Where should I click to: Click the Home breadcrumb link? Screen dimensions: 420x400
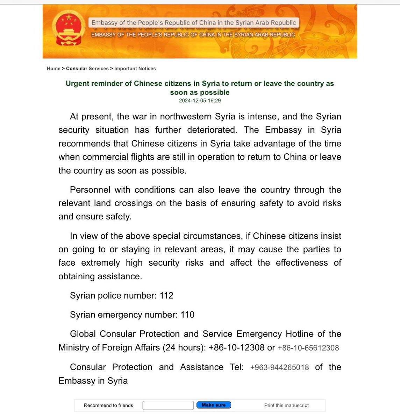(x=53, y=69)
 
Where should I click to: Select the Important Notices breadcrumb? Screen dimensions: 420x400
(x=135, y=69)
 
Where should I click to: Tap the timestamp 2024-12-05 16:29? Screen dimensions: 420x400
(x=200, y=101)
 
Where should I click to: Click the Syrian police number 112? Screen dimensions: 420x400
(x=166, y=296)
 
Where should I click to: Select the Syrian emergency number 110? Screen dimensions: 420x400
(x=187, y=315)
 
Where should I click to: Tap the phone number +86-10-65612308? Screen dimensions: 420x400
(x=308, y=348)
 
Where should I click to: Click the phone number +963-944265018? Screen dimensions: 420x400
(x=279, y=367)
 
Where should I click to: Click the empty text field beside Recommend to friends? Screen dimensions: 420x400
(x=168, y=405)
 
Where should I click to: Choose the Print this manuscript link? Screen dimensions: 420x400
(x=286, y=405)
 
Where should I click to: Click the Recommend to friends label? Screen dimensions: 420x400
(x=108, y=405)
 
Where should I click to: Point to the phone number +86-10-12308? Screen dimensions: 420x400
(x=236, y=348)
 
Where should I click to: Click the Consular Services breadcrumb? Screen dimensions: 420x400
(x=87, y=69)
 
